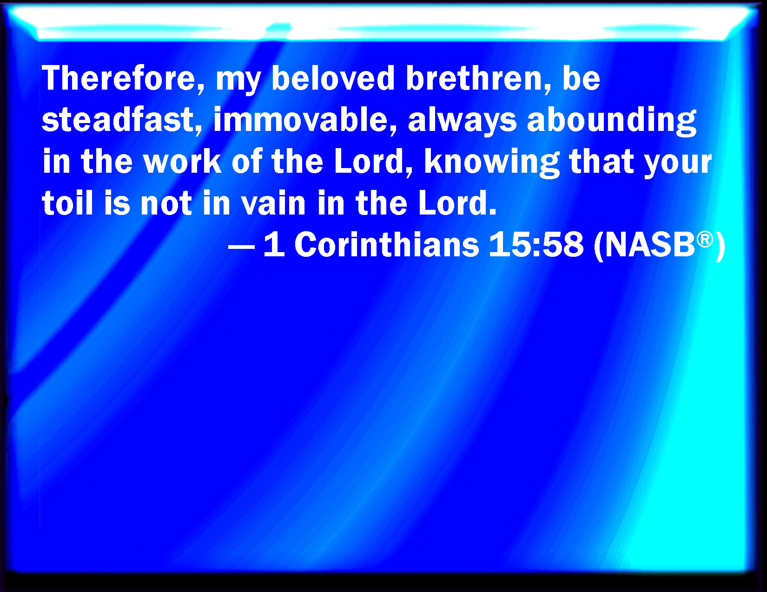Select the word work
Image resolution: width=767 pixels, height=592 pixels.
(x=183, y=161)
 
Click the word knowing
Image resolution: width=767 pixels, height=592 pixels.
(x=492, y=162)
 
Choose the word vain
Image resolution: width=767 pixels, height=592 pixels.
(x=273, y=202)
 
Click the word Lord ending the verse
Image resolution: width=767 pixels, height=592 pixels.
(x=457, y=202)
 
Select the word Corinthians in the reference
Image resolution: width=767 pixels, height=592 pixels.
(x=386, y=244)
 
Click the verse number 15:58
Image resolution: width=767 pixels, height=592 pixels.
(x=536, y=244)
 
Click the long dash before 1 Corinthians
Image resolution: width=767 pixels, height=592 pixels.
(x=241, y=246)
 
